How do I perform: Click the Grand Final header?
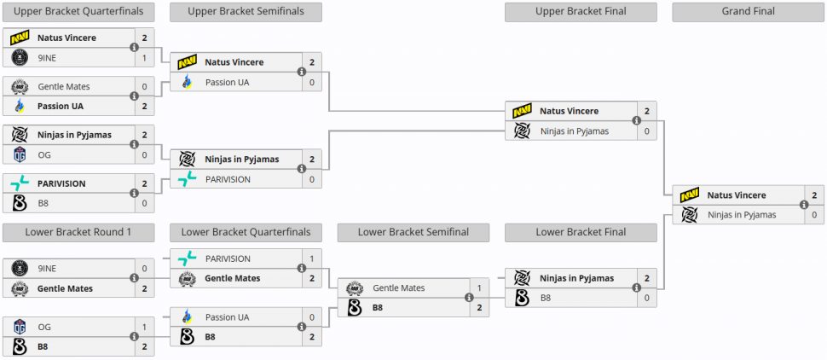tap(748, 12)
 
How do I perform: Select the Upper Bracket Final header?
tap(581, 12)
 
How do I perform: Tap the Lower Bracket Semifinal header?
tap(413, 232)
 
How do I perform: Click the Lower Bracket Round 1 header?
tap(78, 232)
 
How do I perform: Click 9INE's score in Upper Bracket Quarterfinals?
tap(144, 57)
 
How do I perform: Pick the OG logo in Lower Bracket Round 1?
tap(20, 327)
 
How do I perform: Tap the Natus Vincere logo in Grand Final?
tap(690, 195)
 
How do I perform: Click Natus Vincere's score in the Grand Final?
tap(813, 195)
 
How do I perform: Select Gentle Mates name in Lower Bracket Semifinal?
tap(398, 288)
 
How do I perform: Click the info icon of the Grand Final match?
tap(803, 205)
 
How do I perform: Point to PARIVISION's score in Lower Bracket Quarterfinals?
tap(312, 258)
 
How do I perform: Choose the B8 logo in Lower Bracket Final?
tap(523, 298)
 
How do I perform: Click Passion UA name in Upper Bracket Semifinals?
tap(227, 82)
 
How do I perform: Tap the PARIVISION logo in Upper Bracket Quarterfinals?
tap(20, 183)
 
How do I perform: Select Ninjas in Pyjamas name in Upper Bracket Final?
tap(575, 131)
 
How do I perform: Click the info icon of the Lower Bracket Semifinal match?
tap(469, 298)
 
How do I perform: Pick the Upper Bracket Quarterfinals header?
tap(78, 12)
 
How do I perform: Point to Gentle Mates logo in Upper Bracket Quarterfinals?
tap(20, 86)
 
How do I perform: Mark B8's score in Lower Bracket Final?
tap(646, 298)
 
